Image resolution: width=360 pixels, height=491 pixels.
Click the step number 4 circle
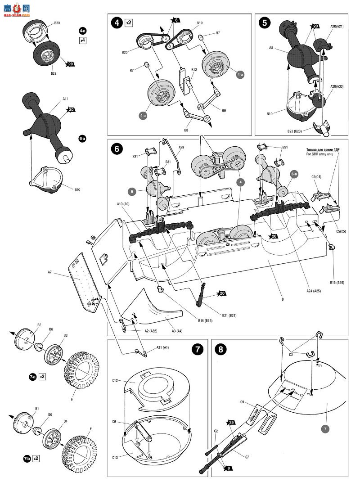point(117,22)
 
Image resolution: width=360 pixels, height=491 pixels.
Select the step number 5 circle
point(265,22)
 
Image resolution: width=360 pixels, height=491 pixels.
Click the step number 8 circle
point(219,349)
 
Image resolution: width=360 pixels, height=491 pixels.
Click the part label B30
point(57,23)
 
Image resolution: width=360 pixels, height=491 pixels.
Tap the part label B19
point(199,23)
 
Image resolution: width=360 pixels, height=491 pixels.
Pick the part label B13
point(194,70)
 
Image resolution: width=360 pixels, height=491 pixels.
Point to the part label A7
point(50,272)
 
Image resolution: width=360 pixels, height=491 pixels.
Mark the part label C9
point(242,401)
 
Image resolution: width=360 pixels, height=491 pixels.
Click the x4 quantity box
point(82,40)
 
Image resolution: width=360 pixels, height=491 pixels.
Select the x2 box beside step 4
point(129,22)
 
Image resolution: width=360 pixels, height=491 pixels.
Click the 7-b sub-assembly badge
point(27,459)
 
